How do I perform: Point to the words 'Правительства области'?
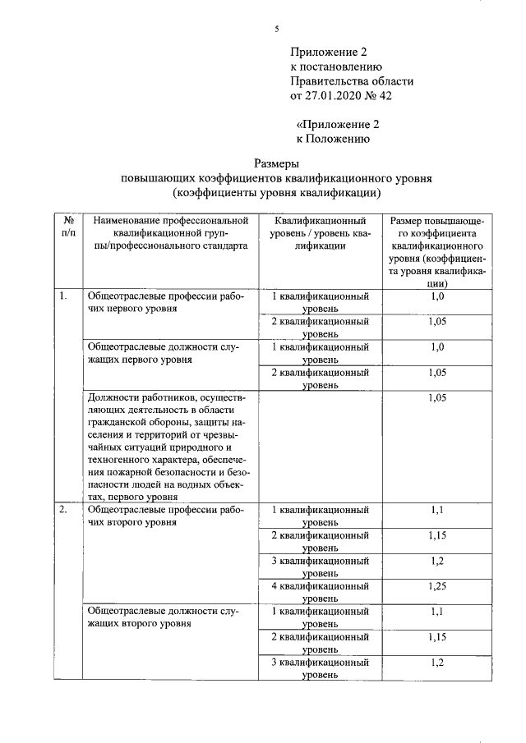point(352,81)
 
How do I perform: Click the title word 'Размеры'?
point(276,163)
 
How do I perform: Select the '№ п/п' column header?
point(68,227)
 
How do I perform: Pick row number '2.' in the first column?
point(63,510)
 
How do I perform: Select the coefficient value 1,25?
point(436,587)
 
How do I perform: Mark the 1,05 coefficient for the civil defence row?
point(436,398)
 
